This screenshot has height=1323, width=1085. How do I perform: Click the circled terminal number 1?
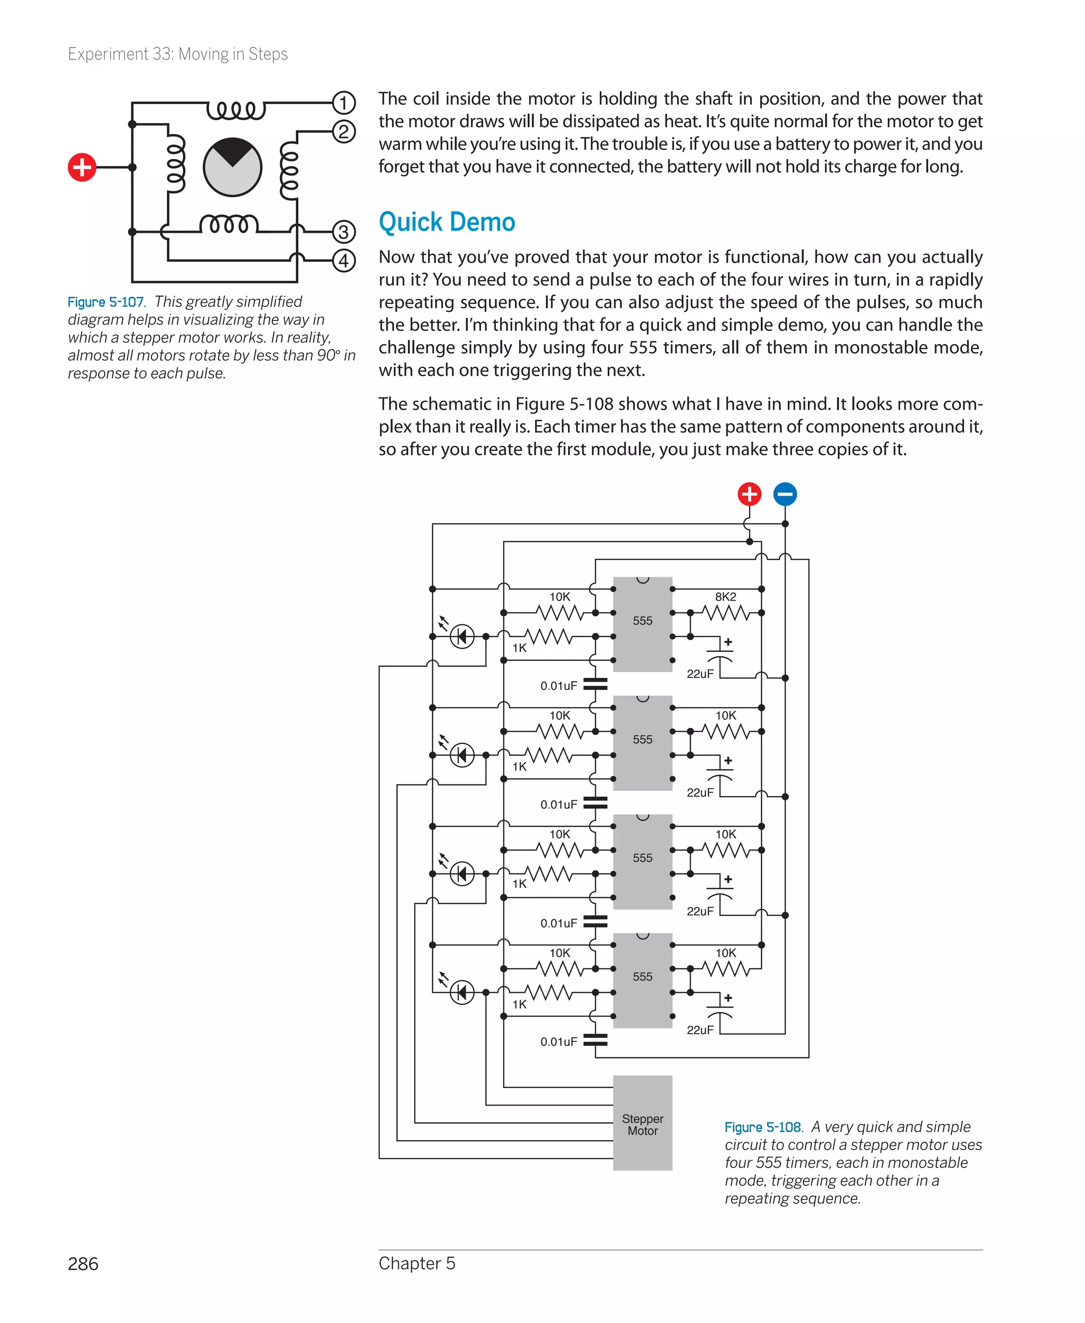(x=343, y=102)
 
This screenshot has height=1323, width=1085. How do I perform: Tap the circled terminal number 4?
(x=343, y=260)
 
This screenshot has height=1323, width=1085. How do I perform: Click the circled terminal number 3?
(x=343, y=232)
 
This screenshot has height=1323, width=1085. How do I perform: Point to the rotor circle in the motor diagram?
(x=233, y=167)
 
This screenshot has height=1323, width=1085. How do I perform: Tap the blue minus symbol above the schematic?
(x=785, y=494)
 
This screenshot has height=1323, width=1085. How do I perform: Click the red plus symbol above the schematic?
(x=749, y=494)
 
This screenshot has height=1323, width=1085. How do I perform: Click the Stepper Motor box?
(x=643, y=1124)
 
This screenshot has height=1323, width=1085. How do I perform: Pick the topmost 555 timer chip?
(x=643, y=623)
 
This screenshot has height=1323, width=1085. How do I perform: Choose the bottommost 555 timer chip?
(x=643, y=980)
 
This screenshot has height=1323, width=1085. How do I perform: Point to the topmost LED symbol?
(x=462, y=637)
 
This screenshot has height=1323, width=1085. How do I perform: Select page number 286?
(x=83, y=1264)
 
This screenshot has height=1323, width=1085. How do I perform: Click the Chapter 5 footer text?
(x=417, y=1263)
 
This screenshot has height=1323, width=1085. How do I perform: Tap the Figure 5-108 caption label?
(x=763, y=1127)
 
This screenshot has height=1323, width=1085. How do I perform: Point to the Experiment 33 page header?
(x=177, y=55)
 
